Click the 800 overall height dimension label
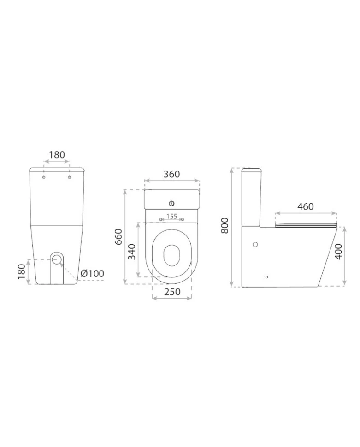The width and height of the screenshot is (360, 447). pyautogui.click(x=225, y=225)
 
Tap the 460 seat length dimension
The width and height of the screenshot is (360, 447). pyautogui.click(x=306, y=206)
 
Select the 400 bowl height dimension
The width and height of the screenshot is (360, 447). pyautogui.click(x=338, y=252)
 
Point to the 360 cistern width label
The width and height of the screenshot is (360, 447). pyautogui.click(x=171, y=174)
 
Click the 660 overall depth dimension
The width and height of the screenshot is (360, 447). pyautogui.click(x=118, y=236)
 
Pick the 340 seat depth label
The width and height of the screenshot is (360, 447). pyautogui.click(x=131, y=252)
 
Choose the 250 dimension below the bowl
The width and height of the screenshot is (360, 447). pyautogui.click(x=172, y=292)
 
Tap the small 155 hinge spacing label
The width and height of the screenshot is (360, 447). pyautogui.click(x=172, y=217)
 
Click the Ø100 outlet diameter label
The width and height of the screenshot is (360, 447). pyautogui.click(x=93, y=273)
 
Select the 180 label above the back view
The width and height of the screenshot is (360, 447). pyautogui.click(x=57, y=155)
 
